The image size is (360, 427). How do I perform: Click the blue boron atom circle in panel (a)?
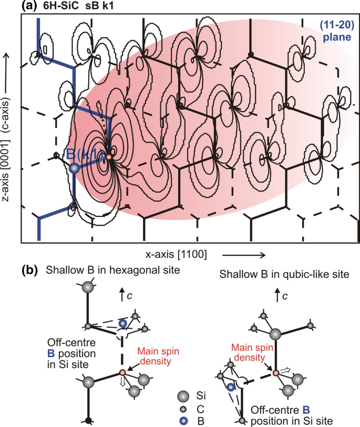tap(75, 168)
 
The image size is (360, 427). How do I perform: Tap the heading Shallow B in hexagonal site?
tap(113, 270)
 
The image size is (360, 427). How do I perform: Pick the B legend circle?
tap(184, 420)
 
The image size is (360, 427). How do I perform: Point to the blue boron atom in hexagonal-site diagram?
tap(122, 323)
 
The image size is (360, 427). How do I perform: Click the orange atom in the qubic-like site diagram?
tap(275, 373)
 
